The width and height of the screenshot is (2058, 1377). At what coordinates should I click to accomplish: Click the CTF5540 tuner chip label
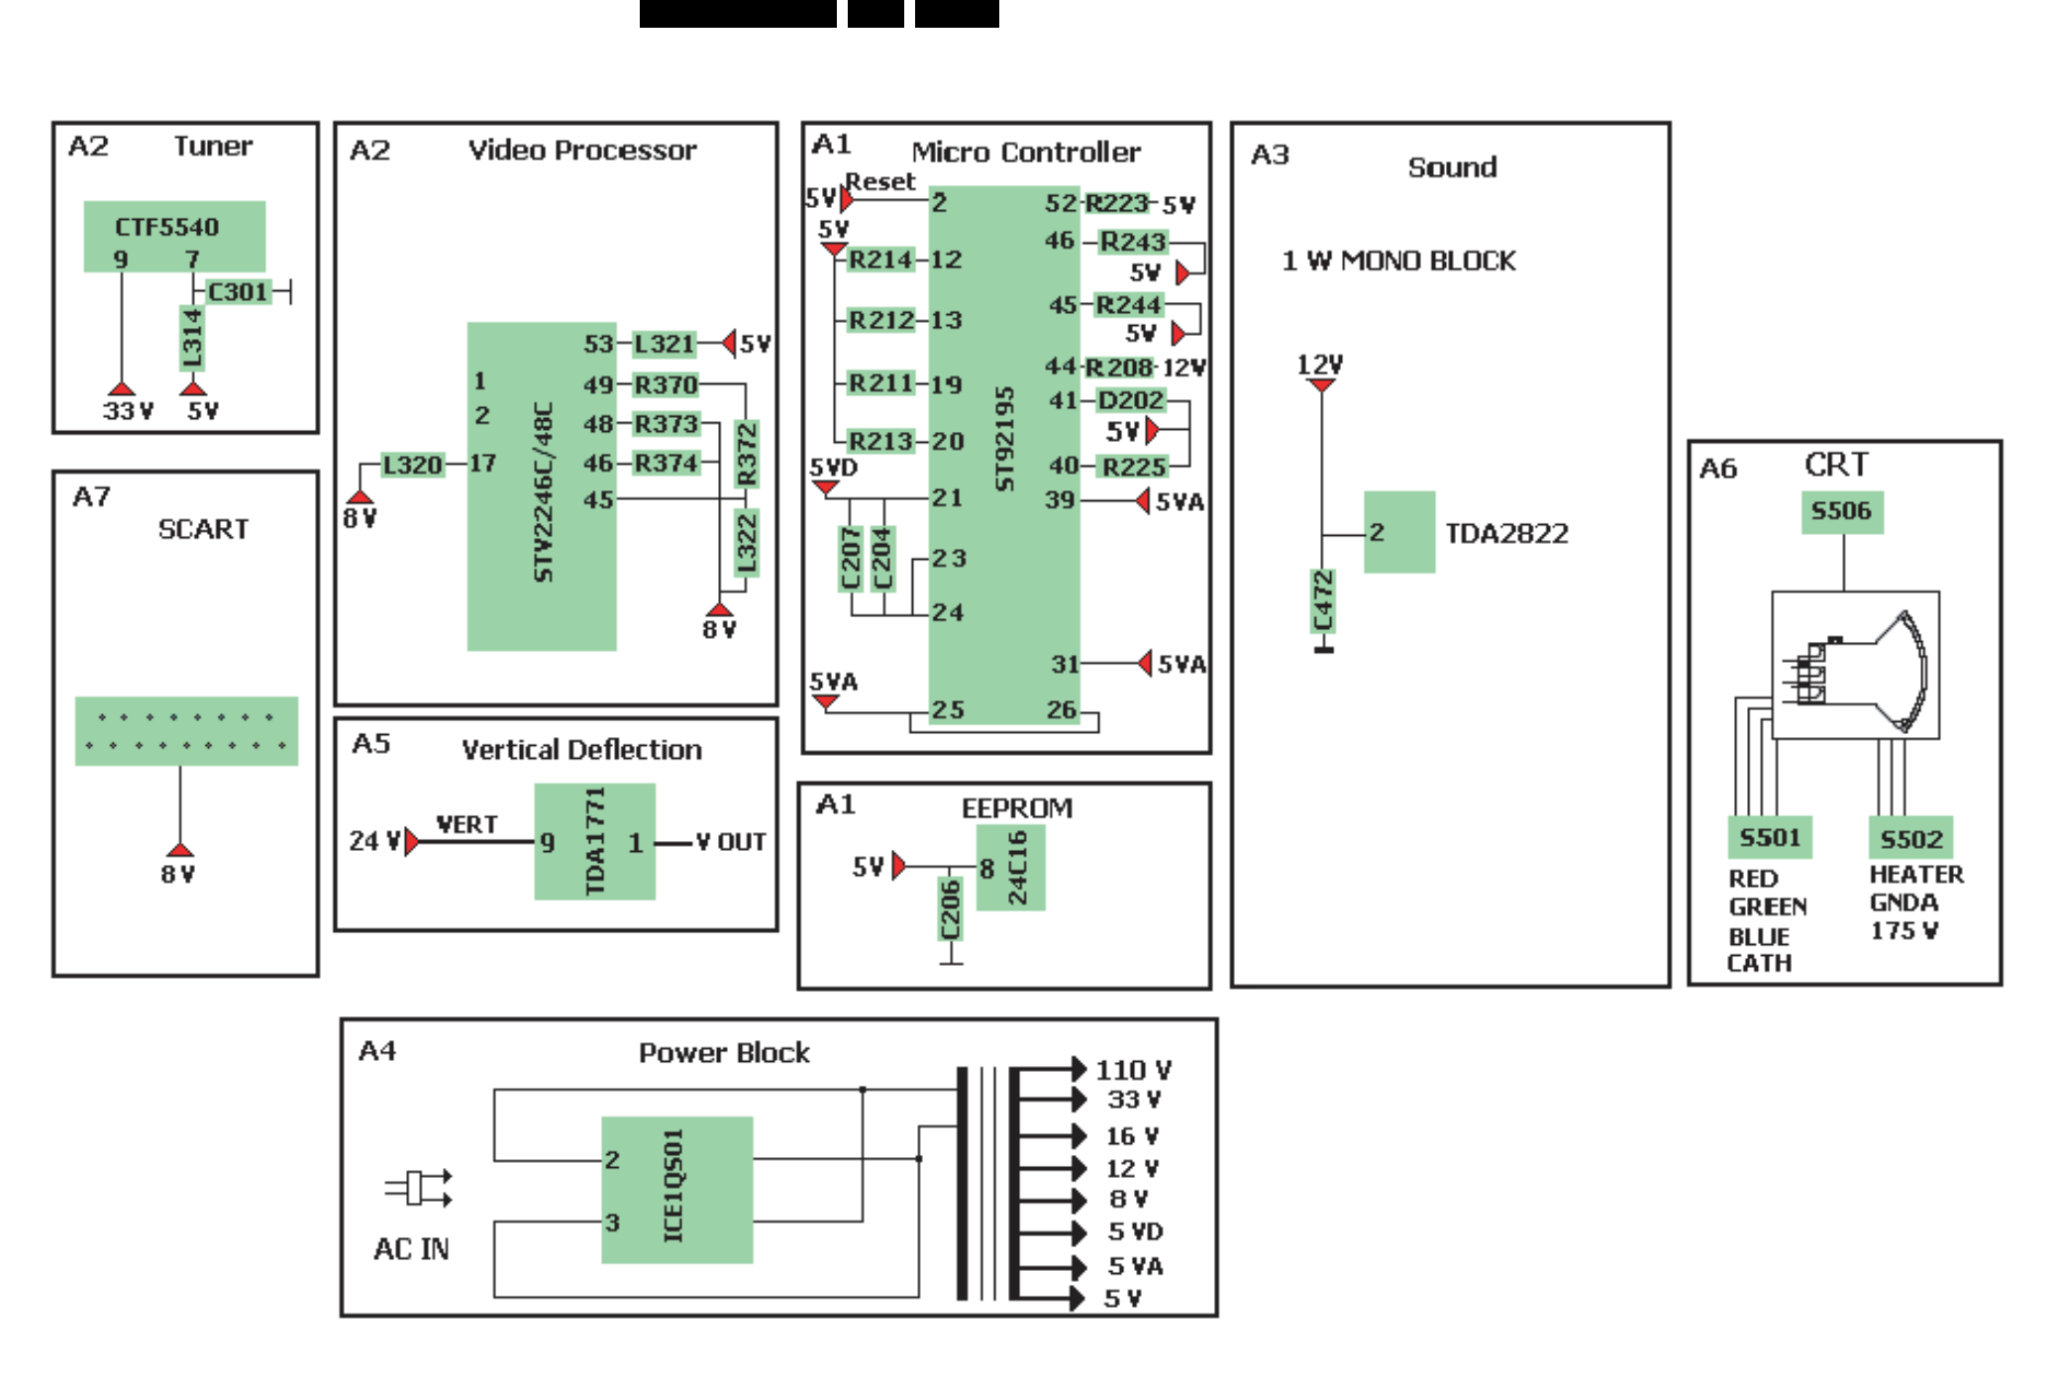point(166,227)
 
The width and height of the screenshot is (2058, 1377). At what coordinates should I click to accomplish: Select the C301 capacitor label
point(238,292)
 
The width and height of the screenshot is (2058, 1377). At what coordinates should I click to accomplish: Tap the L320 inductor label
point(412,465)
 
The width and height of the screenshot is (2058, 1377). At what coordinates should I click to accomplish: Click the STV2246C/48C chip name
point(543,492)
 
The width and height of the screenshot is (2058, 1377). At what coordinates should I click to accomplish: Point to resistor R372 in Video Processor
point(747,454)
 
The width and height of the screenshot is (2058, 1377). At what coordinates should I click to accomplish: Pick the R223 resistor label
point(1116,203)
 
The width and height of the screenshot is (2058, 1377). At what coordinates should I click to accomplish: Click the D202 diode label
point(1130,400)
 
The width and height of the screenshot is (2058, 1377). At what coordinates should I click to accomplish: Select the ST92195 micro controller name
point(1004,439)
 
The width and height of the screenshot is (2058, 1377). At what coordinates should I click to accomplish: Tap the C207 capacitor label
point(851,559)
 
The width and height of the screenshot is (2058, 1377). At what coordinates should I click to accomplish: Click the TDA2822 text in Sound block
point(1506,534)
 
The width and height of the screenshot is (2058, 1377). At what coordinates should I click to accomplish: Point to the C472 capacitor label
point(1323,601)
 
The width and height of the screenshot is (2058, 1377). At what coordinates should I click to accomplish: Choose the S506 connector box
point(1841,511)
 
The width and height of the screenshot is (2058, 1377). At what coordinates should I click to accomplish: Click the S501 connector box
point(1770,838)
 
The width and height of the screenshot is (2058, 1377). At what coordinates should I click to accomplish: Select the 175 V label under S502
point(1904,931)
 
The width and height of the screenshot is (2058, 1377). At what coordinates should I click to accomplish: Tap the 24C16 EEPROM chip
point(1016,868)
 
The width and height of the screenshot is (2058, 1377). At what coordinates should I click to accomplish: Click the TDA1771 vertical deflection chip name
point(594,841)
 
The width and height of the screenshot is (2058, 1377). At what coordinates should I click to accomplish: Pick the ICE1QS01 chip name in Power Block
point(673,1186)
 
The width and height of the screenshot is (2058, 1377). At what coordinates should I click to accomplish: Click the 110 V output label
point(1133,1070)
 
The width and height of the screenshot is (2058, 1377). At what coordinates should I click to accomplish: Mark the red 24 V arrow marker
point(411,842)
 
